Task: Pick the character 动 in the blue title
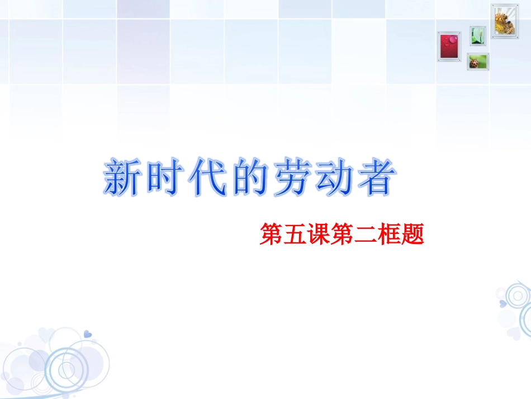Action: tap(334, 178)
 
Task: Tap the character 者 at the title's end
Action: tap(375, 178)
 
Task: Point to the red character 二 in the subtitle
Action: tap(366, 235)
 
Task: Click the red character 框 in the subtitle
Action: tap(389, 235)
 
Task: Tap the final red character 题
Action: tap(413, 235)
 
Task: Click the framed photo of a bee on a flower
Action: tap(505, 20)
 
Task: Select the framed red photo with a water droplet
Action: tap(449, 46)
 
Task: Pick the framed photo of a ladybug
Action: tap(478, 62)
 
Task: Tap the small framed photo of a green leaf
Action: tap(477, 36)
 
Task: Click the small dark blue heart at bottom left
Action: tap(87, 334)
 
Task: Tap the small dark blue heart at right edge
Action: tap(502, 303)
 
